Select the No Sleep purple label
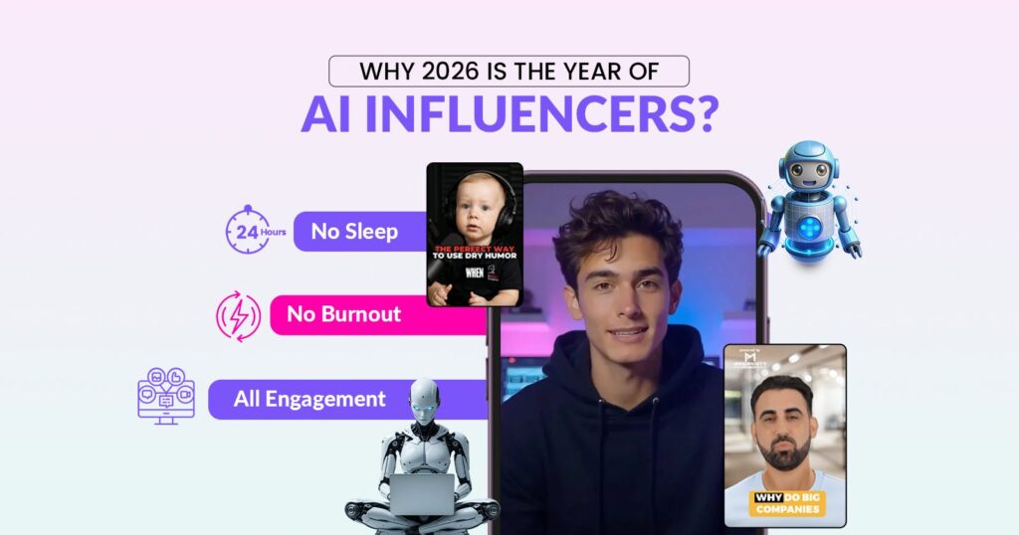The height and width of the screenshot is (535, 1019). pos(355,232)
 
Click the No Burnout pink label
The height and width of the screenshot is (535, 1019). pos(343,314)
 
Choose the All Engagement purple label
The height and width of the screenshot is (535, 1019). pos(309,400)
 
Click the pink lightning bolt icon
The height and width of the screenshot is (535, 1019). pos(238,315)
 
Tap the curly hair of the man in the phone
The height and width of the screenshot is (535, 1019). pos(617,224)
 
